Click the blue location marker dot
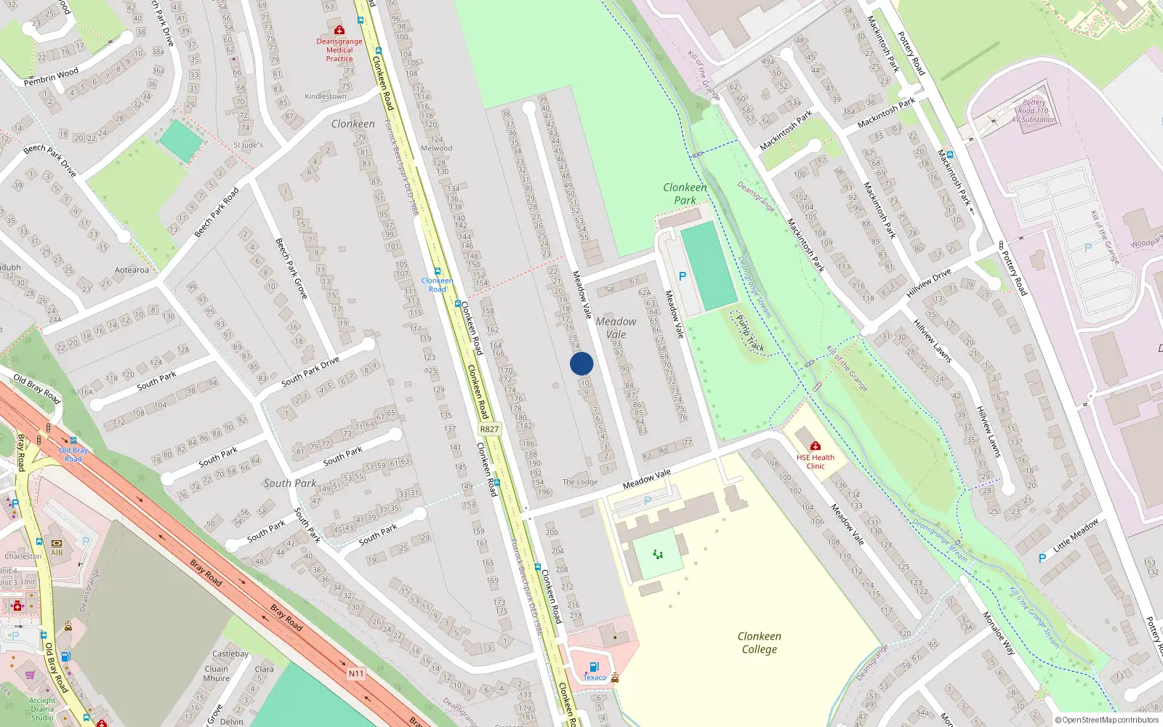[581, 363]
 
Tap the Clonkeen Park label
[685, 193]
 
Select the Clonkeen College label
[760, 643]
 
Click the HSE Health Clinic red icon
[816, 446]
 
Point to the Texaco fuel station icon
[594, 667]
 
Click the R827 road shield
[489, 429]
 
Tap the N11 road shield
[355, 674]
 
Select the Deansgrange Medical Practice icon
[339, 30]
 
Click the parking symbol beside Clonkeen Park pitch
[682, 276]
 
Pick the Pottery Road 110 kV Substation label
[1034, 111]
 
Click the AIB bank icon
[57, 542]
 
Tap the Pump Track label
[750, 334]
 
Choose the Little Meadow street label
[1076, 534]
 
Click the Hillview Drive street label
[928, 283]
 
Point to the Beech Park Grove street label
[291, 268]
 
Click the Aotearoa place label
[132, 270]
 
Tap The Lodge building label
[580, 482]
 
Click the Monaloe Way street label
[998, 634]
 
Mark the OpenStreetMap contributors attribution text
[1107, 720]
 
